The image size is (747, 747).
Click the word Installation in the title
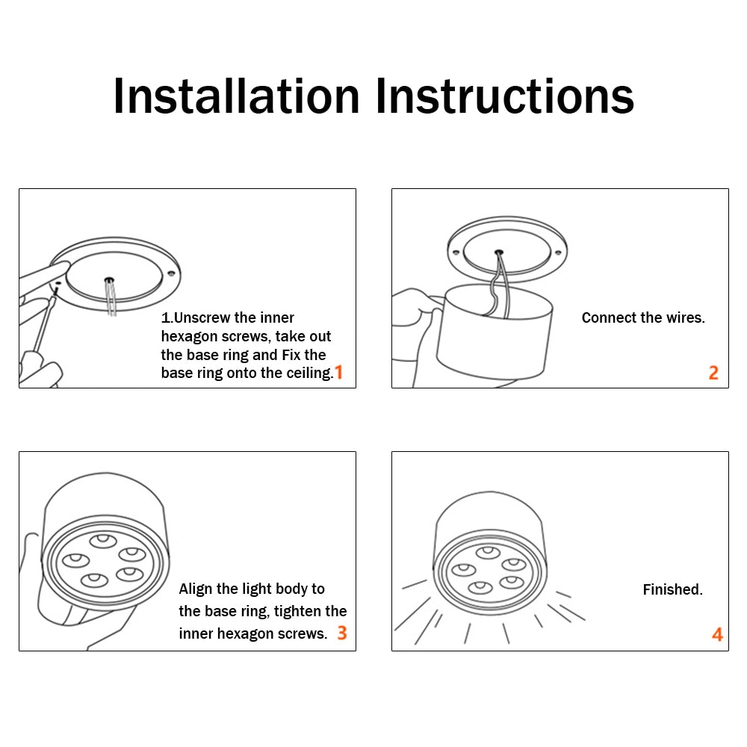(236, 96)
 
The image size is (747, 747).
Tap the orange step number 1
(338, 372)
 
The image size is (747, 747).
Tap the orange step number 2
(713, 372)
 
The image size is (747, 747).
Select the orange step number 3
(341, 633)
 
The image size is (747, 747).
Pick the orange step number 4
(717, 634)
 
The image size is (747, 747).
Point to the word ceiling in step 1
(306, 373)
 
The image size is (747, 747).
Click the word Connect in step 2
(607, 318)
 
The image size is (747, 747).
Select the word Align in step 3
(196, 589)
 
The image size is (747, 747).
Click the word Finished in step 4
(672, 590)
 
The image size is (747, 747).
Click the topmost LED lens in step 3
(103, 539)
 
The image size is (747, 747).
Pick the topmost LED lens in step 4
(489, 552)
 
